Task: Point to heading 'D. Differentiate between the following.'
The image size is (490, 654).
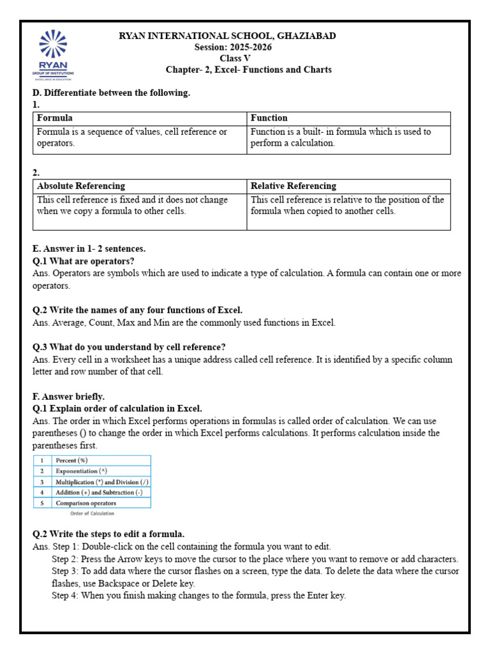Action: (x=111, y=93)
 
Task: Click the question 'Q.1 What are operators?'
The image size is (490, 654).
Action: (x=84, y=261)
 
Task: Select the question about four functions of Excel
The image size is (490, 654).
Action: (x=137, y=310)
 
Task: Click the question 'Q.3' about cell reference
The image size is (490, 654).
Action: (x=129, y=347)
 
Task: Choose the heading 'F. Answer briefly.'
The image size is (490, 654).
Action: (x=68, y=397)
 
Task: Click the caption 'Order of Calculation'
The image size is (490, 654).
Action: (x=92, y=513)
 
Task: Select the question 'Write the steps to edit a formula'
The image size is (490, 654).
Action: (x=108, y=534)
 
